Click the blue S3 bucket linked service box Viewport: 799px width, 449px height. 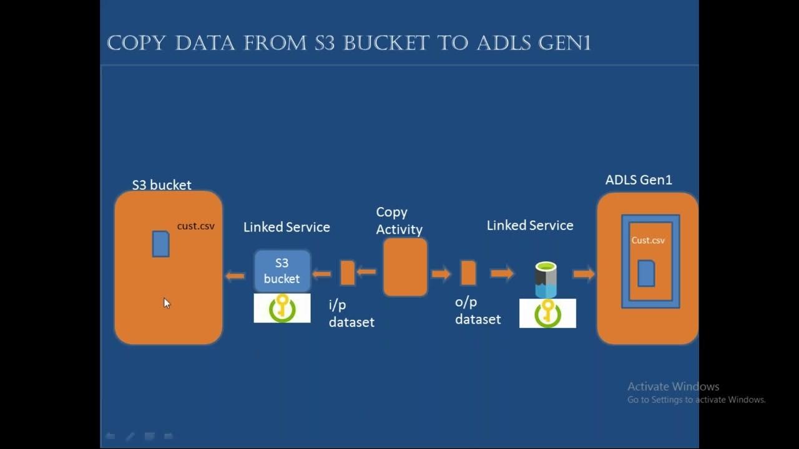[x=282, y=271]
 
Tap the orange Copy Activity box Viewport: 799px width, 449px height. [x=405, y=267]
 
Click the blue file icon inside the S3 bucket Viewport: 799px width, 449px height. [x=161, y=244]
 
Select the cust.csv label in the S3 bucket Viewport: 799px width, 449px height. [x=195, y=226]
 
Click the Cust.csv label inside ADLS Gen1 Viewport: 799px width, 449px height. [x=648, y=240]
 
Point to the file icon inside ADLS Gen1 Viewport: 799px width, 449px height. [x=646, y=274]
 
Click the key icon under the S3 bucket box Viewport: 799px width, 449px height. [x=282, y=308]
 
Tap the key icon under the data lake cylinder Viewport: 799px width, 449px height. [x=547, y=313]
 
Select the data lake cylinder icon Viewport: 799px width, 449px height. [x=546, y=279]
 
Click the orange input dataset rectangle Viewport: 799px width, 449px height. [x=348, y=273]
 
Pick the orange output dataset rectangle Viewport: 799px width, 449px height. [x=468, y=273]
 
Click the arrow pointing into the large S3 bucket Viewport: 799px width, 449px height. [x=235, y=276]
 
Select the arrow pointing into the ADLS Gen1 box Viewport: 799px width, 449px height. [x=584, y=273]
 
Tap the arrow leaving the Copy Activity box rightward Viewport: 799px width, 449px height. [x=441, y=273]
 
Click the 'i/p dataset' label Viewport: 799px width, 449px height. [x=351, y=314]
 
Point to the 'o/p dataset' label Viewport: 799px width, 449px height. [x=478, y=311]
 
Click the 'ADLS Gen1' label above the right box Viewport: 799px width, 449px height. [x=639, y=180]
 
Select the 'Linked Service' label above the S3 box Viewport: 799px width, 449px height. [x=287, y=227]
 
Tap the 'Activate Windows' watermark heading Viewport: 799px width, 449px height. [x=673, y=387]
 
